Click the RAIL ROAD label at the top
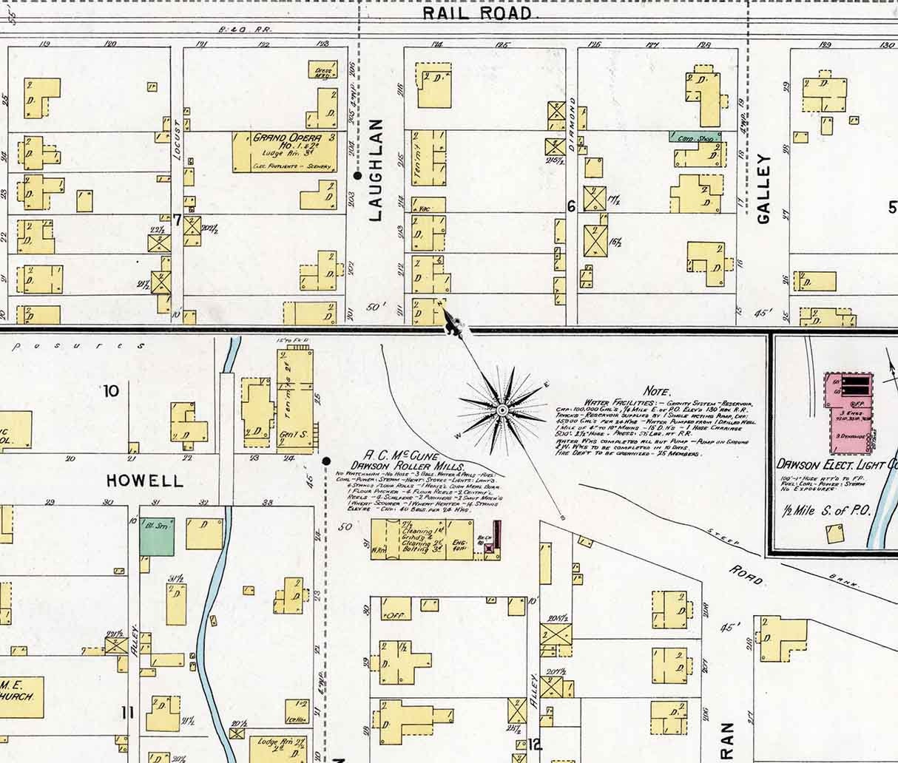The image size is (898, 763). point(477,13)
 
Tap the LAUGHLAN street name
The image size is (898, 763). point(375,170)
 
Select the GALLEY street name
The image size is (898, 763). point(764,189)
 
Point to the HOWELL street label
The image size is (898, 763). point(144,481)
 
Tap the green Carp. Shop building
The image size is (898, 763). point(695,137)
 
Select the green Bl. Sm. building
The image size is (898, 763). point(158,536)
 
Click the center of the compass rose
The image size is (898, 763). point(502,410)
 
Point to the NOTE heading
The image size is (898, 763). point(657,391)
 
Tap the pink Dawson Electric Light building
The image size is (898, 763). point(848,414)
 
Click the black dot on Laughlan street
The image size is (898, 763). point(358,176)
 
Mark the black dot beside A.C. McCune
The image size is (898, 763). point(326,461)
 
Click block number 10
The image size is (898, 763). point(111,390)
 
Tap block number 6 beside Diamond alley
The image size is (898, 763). point(571,207)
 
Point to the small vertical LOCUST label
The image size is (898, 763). point(176,149)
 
